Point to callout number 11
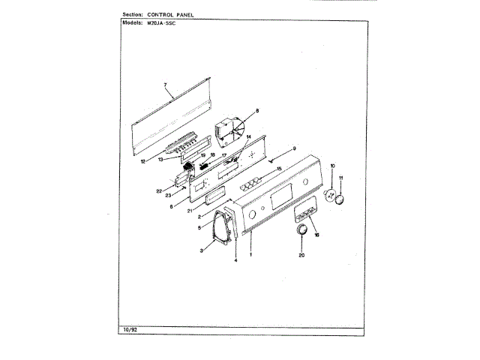click(x=340, y=178)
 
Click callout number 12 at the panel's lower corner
click(x=143, y=161)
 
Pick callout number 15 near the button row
click(x=278, y=169)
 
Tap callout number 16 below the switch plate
click(x=316, y=235)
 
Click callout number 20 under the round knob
click(x=302, y=256)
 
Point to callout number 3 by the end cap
click(x=202, y=250)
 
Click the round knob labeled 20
click(x=302, y=231)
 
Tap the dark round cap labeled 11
click(x=341, y=199)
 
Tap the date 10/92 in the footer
click(x=129, y=330)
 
